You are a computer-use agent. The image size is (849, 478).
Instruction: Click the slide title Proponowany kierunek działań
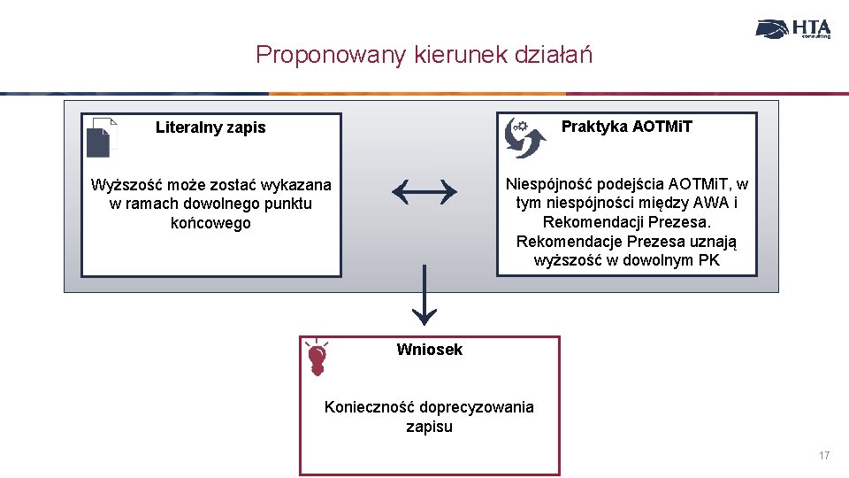coord(424,55)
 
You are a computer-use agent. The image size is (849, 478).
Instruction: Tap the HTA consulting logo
coord(793,29)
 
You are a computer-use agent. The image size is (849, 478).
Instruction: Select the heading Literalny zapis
coord(210,127)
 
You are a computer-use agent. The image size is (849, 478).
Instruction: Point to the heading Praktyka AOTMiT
coord(627,127)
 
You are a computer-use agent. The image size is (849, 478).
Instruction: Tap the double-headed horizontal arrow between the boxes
coord(424,189)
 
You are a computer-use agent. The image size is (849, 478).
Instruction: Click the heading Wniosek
coord(430,350)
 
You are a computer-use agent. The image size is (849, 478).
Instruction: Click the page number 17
coord(824,456)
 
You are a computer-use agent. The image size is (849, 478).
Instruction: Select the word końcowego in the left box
coord(210,223)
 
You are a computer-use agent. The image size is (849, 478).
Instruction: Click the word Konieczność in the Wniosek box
coord(371,407)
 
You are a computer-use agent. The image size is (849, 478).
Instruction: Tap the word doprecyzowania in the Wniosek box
coord(477,407)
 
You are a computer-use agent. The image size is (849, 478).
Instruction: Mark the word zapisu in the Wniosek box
coord(429,427)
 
